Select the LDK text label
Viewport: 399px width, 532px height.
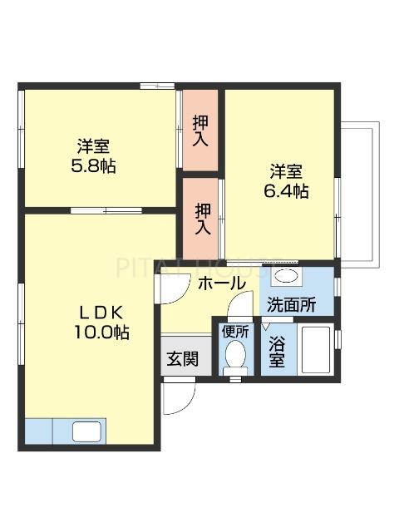point(101,313)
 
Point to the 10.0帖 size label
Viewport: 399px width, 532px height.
point(101,332)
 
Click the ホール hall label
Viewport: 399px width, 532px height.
point(222,283)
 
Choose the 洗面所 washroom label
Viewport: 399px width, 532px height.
point(291,305)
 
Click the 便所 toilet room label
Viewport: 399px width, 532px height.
point(234,331)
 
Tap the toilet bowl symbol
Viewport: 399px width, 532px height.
point(235,357)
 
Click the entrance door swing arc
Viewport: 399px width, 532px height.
point(177,397)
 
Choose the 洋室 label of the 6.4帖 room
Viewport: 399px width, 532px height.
point(285,172)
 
